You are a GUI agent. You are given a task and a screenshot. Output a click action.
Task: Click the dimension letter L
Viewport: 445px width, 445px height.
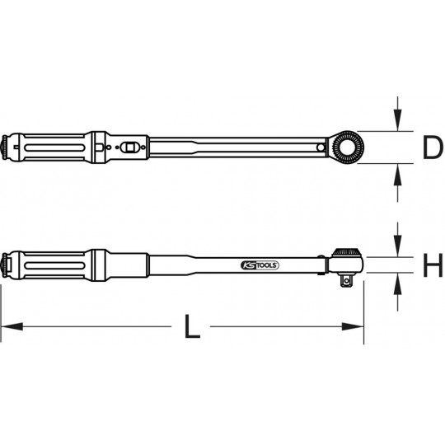pyautogui.click(x=191, y=328)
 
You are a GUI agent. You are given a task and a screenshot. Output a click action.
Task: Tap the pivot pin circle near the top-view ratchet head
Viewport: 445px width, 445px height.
pyautogui.click(x=321, y=147)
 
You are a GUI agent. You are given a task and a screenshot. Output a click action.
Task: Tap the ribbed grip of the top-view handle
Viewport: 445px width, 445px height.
pyautogui.click(x=49, y=146)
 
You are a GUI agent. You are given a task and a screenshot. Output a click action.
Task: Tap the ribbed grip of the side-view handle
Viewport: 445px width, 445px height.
pyautogui.click(x=49, y=264)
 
